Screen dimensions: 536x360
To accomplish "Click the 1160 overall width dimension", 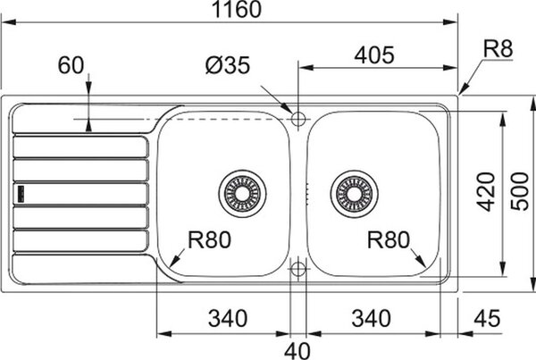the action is pos(237,9).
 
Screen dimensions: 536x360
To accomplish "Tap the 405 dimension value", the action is pos(374,55).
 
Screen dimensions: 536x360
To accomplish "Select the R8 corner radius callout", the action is pos(498,48).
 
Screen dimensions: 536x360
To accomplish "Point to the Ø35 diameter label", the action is pos(228,65).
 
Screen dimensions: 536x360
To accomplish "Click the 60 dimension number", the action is pos(71,65).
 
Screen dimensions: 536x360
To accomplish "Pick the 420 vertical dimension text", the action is pos(486,192).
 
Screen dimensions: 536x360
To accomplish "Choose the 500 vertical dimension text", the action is pos(519,191).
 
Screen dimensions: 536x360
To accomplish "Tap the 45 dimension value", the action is pos(487,319).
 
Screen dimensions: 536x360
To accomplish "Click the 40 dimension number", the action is pos(297,351).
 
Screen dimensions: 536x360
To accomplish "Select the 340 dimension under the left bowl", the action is pos(228,318).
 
